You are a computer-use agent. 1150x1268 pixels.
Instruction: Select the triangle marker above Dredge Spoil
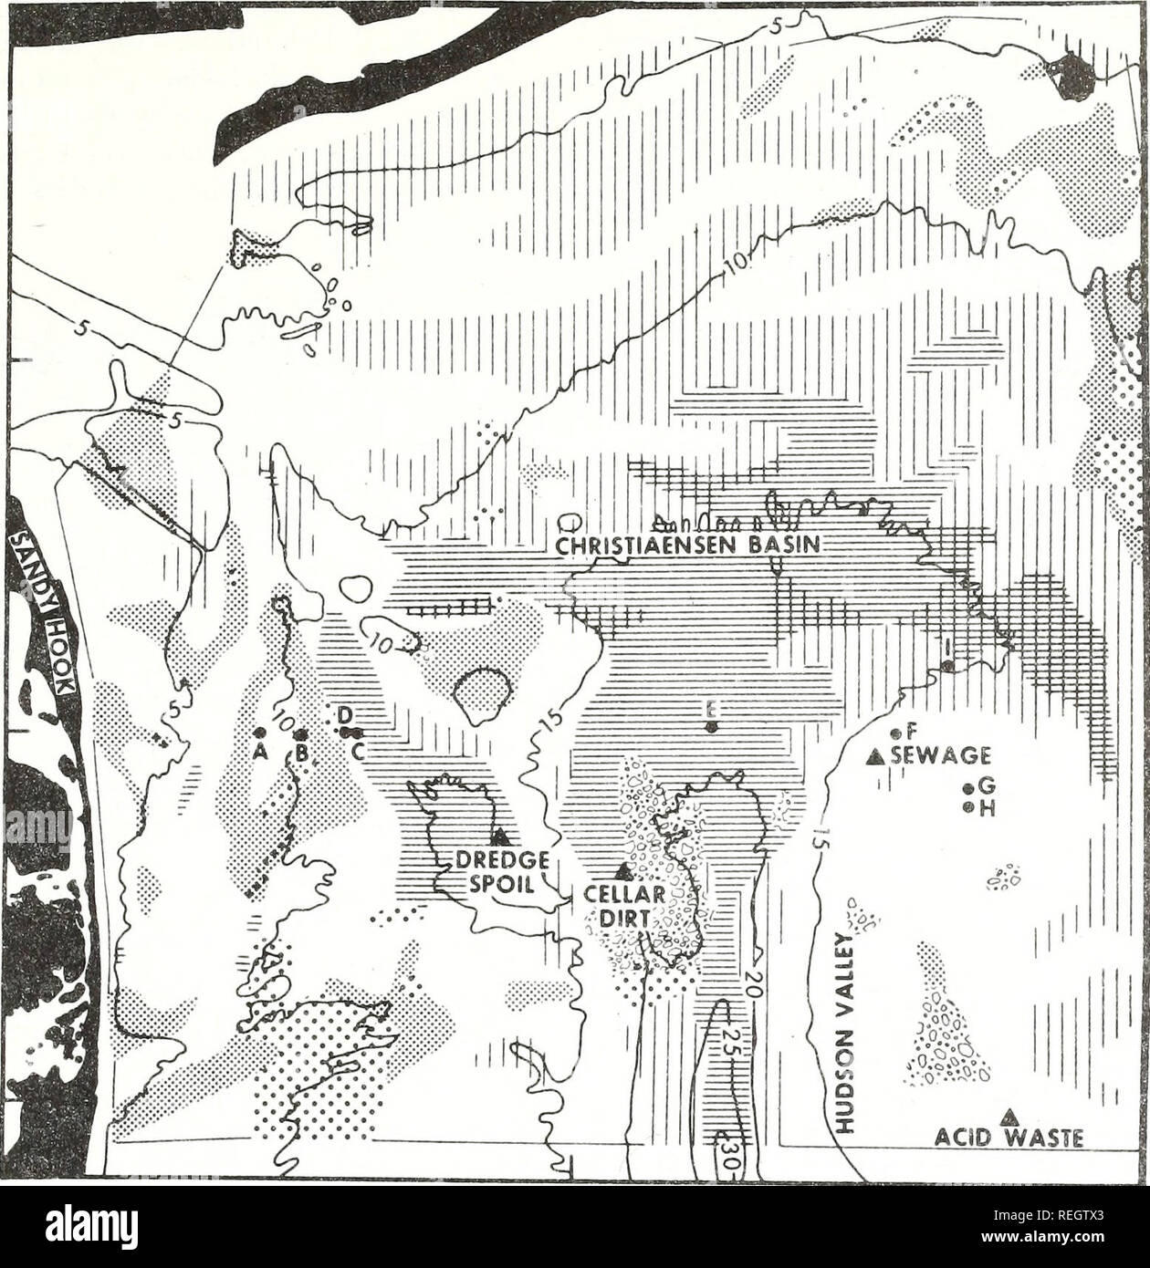pos(499,835)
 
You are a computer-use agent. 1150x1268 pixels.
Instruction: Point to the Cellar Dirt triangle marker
pos(624,871)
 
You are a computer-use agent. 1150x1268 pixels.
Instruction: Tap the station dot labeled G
pos(967,790)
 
